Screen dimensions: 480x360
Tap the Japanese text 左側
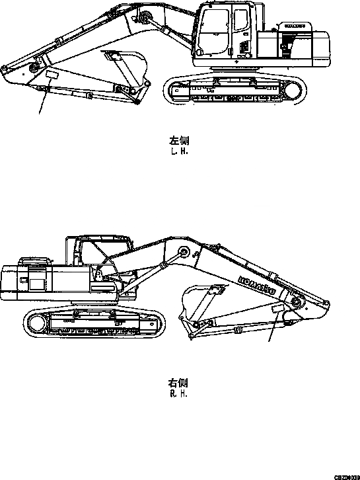[x=180, y=141]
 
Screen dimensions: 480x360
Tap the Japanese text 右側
[x=179, y=383]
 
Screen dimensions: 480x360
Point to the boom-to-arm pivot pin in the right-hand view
[x=296, y=302]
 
